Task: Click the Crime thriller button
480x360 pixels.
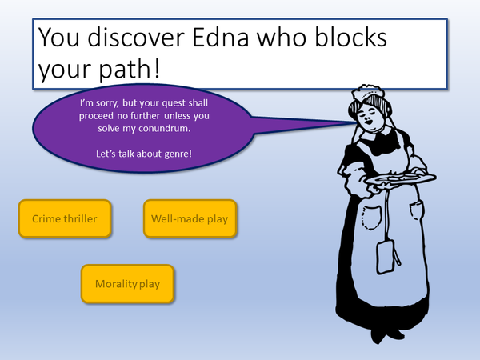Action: click(64, 218)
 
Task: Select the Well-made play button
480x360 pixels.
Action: click(190, 218)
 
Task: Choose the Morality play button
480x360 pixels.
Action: click(127, 284)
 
